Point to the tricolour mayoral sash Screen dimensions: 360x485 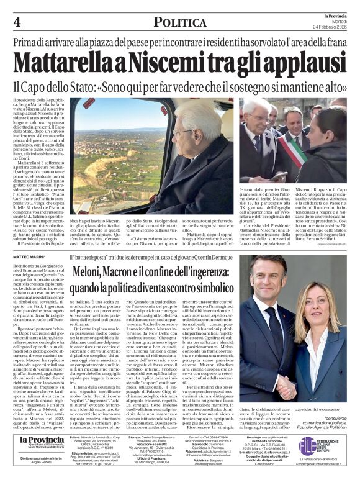tap(294, 149)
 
